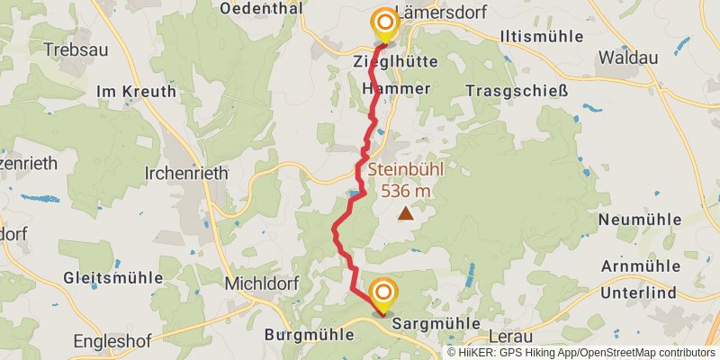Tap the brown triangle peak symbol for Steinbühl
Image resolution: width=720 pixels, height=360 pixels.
coord(407,214)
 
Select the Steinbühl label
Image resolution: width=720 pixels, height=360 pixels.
coord(406,169)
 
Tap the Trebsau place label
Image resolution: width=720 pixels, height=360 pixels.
coord(68,49)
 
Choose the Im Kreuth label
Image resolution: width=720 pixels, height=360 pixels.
coord(131,91)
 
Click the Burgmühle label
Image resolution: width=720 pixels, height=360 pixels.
coord(301,333)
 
